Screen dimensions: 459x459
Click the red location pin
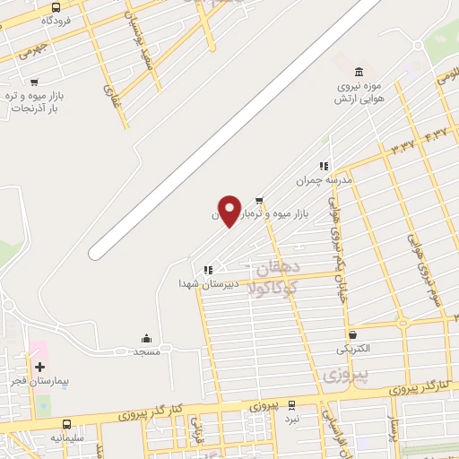229,212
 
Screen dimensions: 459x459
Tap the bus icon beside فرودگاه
56,7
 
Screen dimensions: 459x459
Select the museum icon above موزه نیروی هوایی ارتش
359,72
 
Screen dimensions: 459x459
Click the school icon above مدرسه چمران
324,166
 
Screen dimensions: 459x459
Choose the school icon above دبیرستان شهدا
208,269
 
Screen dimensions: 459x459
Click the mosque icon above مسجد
146,339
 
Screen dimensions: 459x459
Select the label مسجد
146,352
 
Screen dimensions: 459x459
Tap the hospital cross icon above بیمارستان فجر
39,367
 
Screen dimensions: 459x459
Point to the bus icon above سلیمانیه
67,424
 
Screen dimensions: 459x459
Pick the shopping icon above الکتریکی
351,334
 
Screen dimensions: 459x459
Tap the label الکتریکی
351,348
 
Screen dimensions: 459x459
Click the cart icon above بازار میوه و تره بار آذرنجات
34,82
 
